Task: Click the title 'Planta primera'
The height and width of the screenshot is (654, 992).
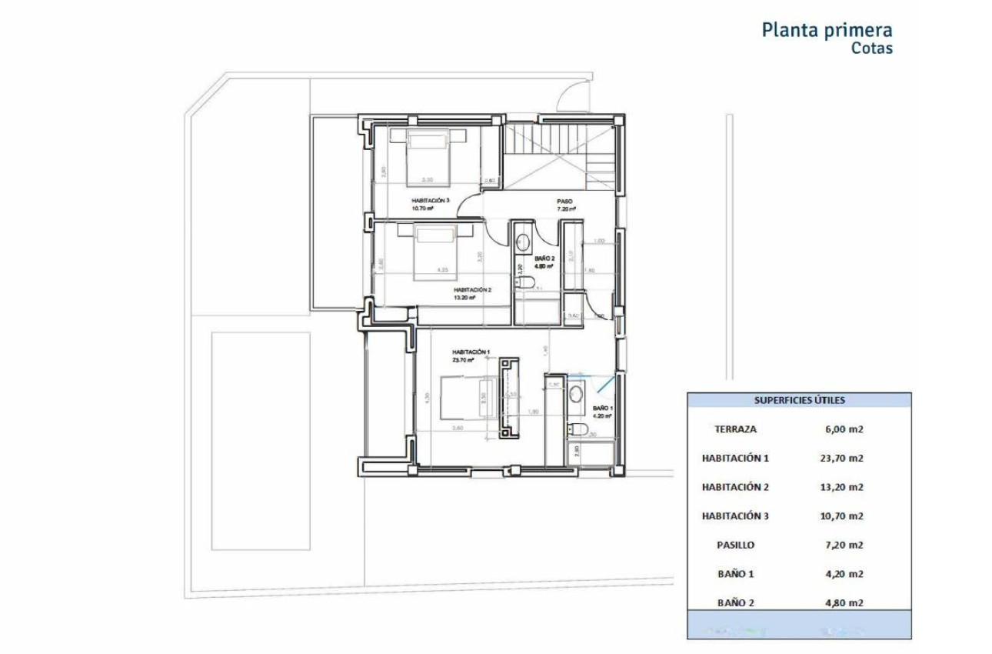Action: [x=827, y=30]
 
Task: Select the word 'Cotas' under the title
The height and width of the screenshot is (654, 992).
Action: [x=871, y=48]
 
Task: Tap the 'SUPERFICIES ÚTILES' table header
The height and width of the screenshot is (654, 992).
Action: [x=799, y=400]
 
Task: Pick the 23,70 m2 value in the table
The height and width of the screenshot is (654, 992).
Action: [x=843, y=458]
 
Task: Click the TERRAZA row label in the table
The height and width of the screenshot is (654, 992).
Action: [x=735, y=429]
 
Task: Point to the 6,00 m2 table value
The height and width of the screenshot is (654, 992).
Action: [x=843, y=429]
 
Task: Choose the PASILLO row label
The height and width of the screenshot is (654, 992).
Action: [x=735, y=545]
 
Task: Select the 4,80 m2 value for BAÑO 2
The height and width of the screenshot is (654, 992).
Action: [x=843, y=602]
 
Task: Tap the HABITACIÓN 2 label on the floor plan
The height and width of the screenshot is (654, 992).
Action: [x=471, y=290]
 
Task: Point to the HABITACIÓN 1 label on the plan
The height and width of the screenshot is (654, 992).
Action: [x=469, y=352]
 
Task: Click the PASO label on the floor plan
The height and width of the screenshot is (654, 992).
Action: [x=565, y=202]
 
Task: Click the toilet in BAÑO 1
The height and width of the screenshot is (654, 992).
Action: [x=578, y=429]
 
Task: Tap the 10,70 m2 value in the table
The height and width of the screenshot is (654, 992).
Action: [x=843, y=516]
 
